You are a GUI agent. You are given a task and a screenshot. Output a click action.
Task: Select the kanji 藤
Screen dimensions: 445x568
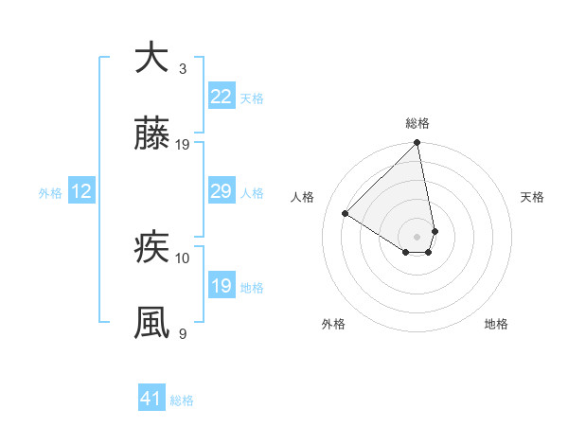(x=151, y=135)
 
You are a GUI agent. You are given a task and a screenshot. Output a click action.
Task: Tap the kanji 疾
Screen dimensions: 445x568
(x=151, y=248)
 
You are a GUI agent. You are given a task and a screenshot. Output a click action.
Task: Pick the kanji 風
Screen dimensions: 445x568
(x=151, y=323)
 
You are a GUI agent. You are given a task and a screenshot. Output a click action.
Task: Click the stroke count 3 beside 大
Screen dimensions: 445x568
(x=182, y=68)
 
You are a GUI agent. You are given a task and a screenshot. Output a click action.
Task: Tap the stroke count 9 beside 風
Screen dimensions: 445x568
(x=182, y=333)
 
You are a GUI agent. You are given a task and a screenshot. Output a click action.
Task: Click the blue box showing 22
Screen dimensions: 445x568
(x=221, y=97)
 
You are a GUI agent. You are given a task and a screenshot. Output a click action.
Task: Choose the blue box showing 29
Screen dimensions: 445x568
(x=221, y=191)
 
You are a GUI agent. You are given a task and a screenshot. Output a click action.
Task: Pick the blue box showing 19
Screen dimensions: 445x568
(x=221, y=286)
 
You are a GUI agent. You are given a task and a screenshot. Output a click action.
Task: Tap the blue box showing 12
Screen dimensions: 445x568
(x=81, y=191)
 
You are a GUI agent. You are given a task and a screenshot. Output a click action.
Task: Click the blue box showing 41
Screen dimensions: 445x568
(x=151, y=399)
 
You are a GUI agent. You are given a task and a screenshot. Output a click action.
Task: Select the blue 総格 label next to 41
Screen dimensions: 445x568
(x=182, y=400)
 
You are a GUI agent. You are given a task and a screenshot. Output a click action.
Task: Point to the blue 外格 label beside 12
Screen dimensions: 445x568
(x=50, y=192)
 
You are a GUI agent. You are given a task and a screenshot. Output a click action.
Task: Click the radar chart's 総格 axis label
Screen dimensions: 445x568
(x=417, y=123)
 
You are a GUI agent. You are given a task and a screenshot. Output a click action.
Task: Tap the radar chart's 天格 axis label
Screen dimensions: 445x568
(x=532, y=197)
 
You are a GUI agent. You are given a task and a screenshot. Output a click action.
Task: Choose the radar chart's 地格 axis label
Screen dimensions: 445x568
(x=496, y=324)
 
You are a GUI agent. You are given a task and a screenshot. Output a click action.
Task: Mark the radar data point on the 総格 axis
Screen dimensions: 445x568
(x=417, y=144)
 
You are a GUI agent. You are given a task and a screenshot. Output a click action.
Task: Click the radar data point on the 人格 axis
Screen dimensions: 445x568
(x=346, y=214)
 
